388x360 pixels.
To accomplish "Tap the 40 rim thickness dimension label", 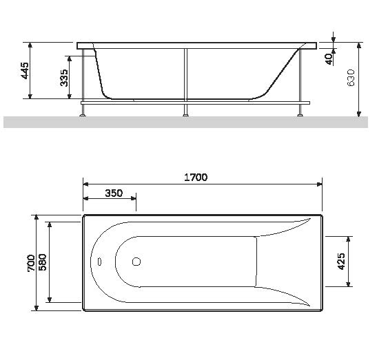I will coord(329,59).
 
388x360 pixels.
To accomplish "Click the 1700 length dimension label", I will coord(196,177).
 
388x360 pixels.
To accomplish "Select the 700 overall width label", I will coord(31,262).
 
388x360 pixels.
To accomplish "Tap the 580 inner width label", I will coord(43,262).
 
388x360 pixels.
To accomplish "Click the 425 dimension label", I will coord(341,261).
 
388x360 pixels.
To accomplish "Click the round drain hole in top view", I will coord(136,262).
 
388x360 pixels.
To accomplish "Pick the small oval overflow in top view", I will coord(100,262).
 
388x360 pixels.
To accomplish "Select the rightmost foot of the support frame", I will coord(299,114).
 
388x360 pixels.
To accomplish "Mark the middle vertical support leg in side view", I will coord(185,76).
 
